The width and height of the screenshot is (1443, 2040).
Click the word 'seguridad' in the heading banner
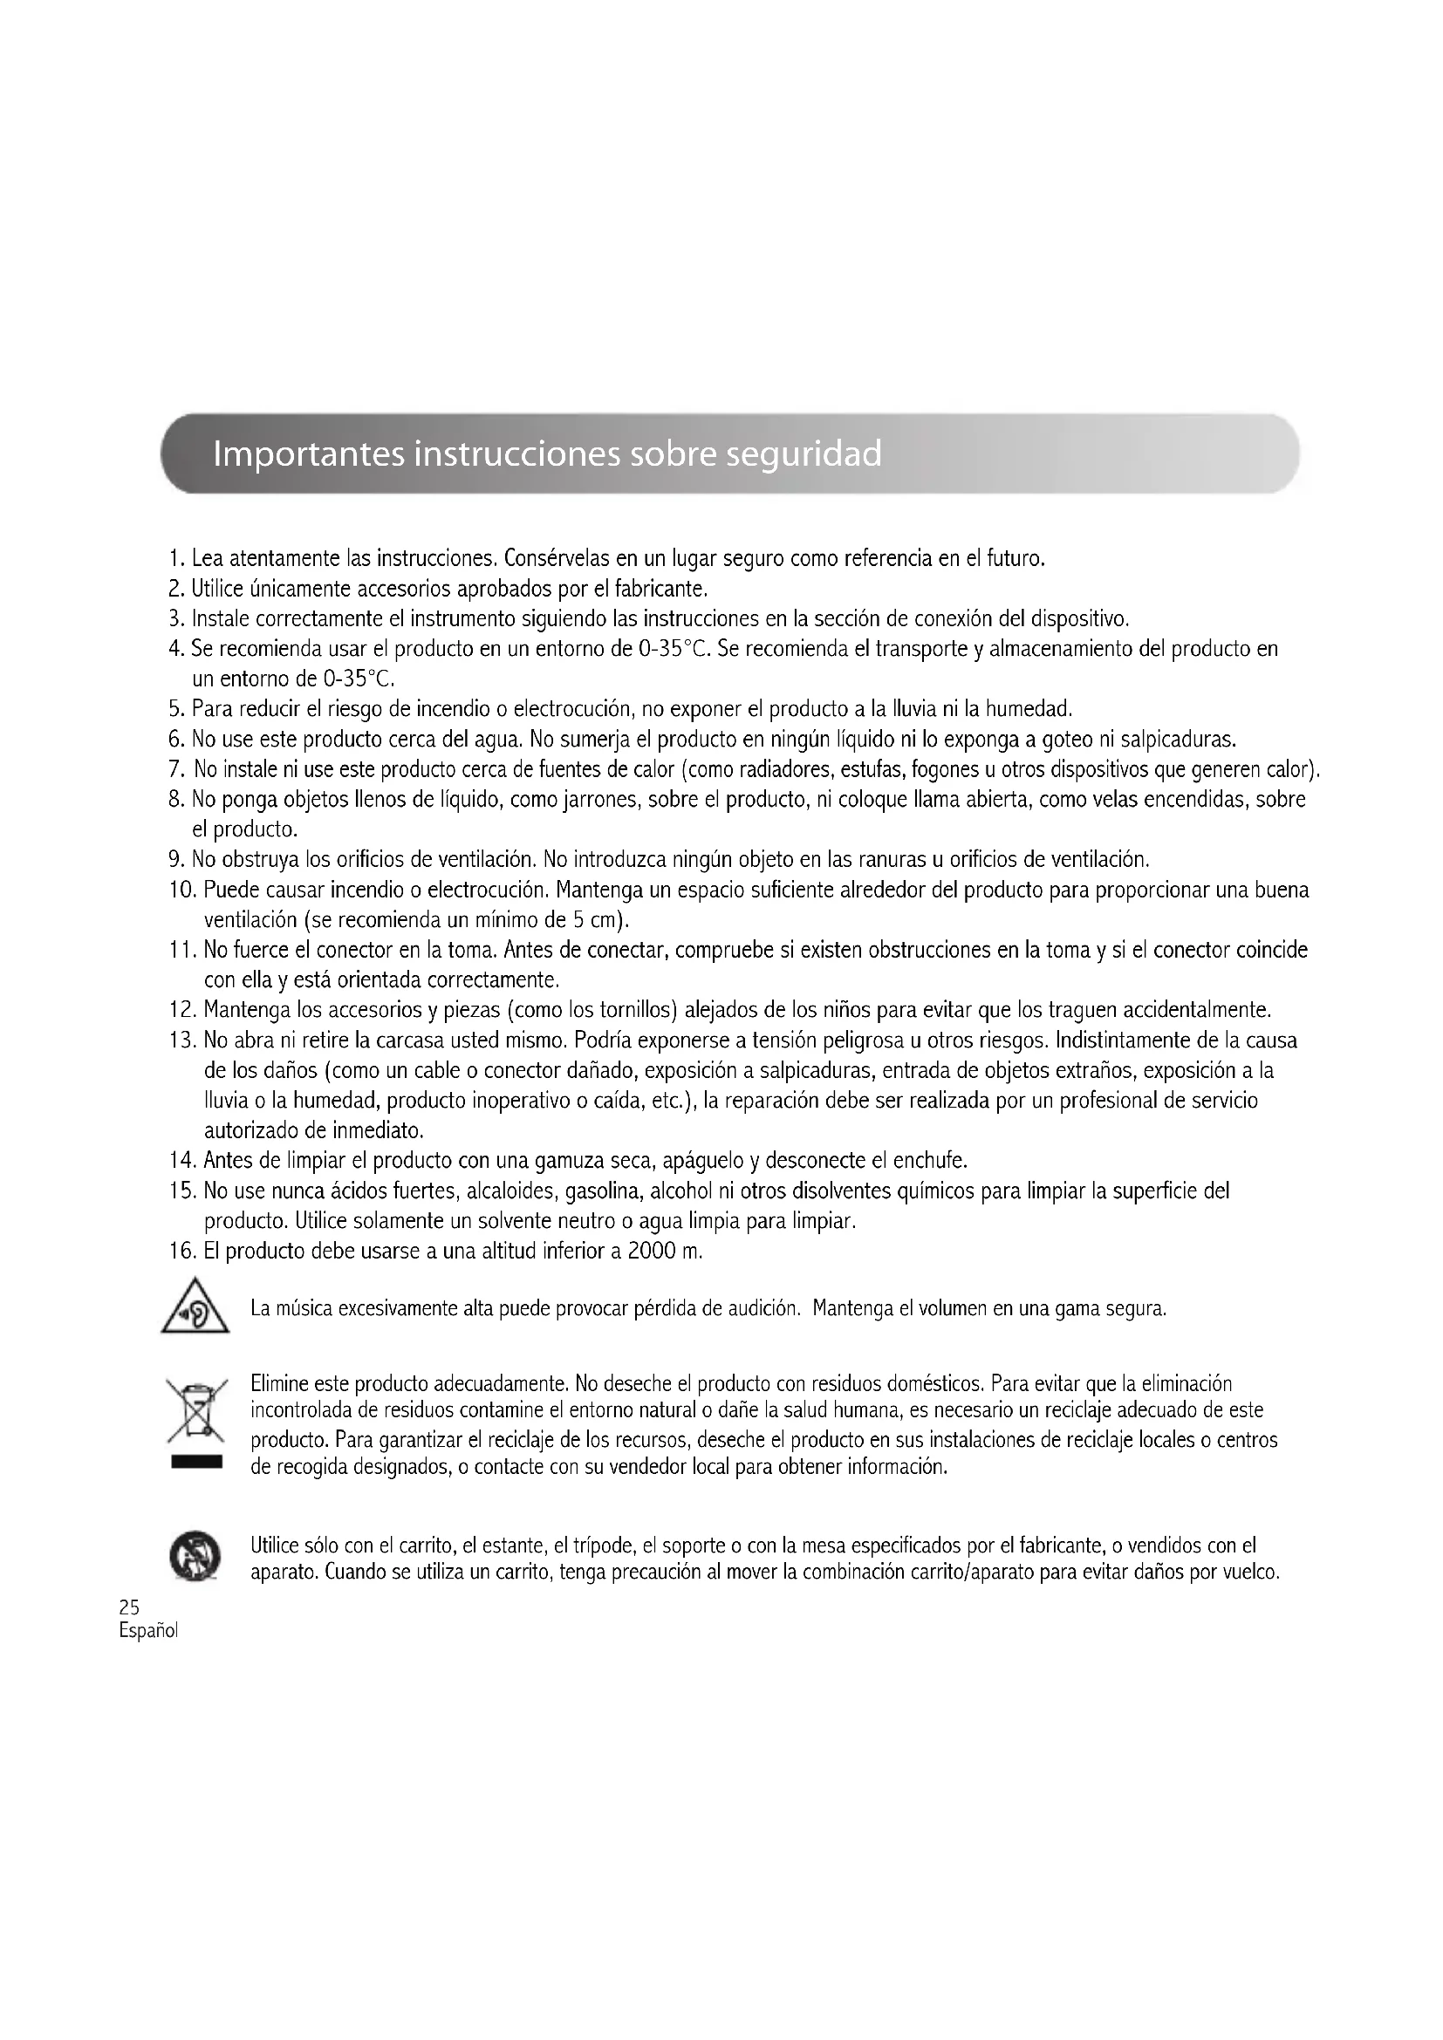click(x=804, y=454)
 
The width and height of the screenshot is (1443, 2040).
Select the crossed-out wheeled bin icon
click(x=196, y=1411)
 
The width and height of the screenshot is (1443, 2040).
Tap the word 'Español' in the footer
click(x=148, y=1630)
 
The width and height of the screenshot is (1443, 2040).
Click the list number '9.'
click(x=176, y=860)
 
